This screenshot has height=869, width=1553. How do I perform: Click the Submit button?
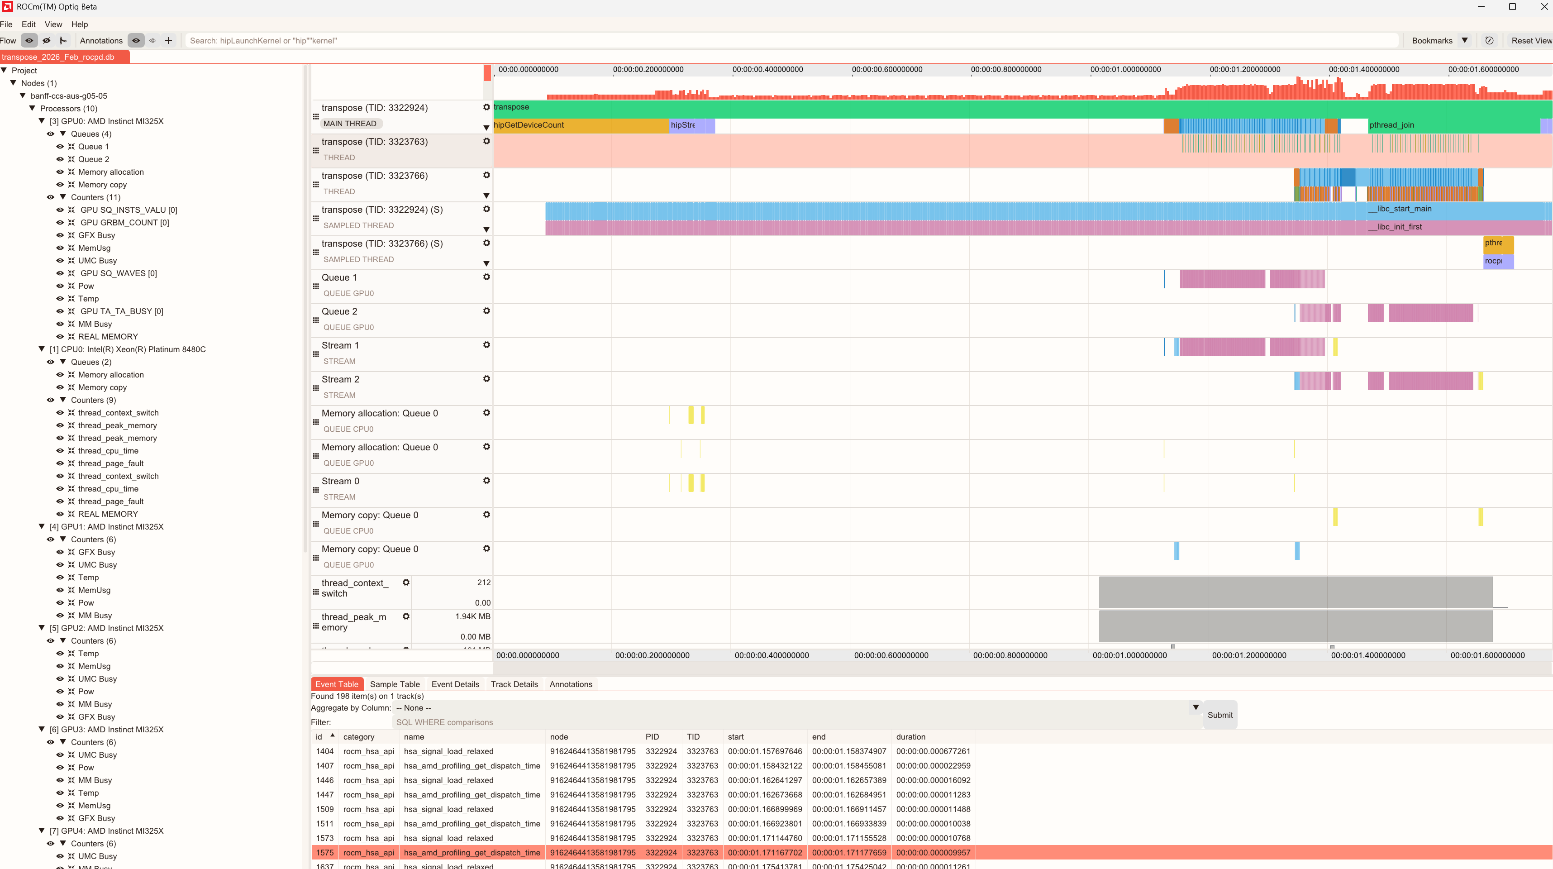1220,715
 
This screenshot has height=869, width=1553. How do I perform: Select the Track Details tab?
514,684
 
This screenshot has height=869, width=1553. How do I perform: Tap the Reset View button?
1530,40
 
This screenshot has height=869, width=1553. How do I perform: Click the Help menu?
80,24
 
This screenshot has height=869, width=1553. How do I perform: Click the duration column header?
910,736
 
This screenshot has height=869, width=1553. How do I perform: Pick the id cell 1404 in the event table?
324,751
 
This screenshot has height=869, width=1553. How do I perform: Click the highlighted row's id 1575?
324,852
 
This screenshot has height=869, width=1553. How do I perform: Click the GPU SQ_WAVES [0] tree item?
118,273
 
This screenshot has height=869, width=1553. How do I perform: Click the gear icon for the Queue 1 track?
486,277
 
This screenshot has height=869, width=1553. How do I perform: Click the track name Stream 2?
340,379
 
